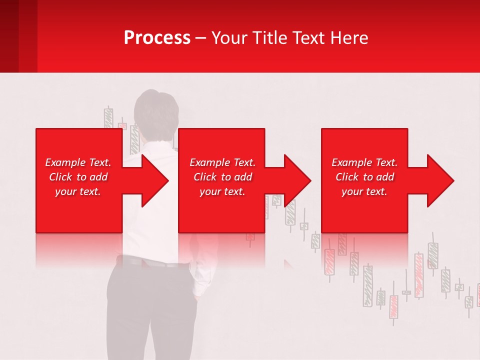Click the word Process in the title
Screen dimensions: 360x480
[157, 38]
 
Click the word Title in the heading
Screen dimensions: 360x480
[270, 38]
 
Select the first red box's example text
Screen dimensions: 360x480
[78, 177]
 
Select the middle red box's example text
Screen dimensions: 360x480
[222, 177]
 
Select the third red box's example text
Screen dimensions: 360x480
[364, 177]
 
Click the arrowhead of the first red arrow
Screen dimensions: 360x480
[155, 180]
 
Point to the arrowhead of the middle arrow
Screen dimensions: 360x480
[298, 180]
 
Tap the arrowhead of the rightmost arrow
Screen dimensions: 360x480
[441, 180]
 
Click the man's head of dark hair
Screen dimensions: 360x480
[157, 107]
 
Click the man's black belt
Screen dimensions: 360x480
[150, 261]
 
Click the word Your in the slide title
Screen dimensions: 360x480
[229, 38]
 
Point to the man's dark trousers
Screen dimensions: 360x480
[150, 310]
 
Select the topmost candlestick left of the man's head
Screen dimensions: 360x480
[108, 118]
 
